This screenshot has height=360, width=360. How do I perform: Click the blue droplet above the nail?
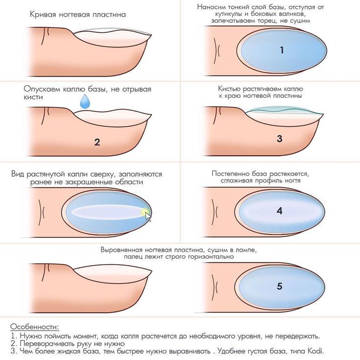point(86,102)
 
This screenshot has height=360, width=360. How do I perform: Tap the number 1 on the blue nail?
point(282,50)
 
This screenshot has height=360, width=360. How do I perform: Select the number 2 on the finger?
point(97,142)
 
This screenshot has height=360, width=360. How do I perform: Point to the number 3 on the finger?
point(279,138)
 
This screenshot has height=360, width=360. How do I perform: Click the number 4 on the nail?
point(279,211)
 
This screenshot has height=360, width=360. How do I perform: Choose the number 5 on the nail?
point(279,286)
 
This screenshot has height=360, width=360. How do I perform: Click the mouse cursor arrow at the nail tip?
point(148,216)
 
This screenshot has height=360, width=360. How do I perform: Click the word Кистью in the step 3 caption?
point(229,89)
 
